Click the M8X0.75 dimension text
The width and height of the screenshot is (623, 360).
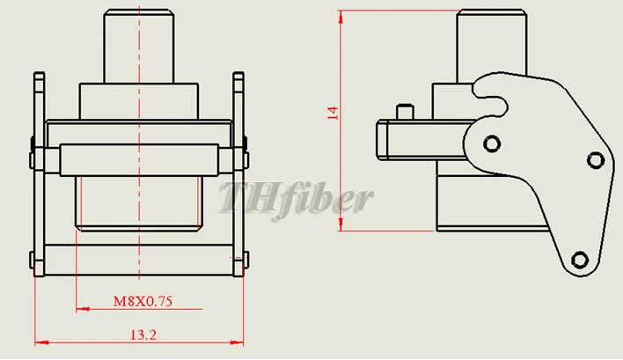tap(143, 301)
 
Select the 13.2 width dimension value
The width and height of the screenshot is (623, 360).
tap(143, 335)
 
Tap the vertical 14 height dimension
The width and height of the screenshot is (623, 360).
tap(333, 113)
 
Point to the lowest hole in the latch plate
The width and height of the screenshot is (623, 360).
tap(580, 260)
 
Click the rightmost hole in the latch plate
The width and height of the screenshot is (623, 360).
tap(596, 160)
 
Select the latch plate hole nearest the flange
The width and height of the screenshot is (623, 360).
tap(492, 143)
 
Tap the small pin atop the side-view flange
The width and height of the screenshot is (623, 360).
tap(405, 111)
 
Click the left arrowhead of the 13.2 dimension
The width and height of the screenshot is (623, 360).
tap(41, 342)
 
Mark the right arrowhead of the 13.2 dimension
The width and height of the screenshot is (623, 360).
tap(237, 342)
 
